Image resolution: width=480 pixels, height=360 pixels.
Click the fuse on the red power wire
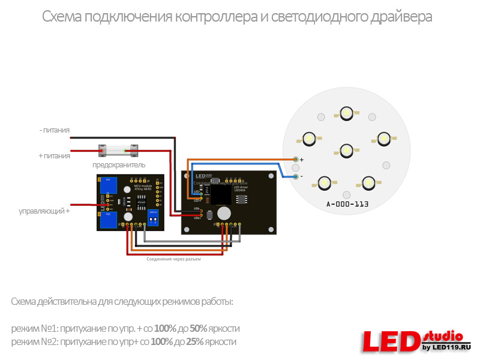pos(118,150)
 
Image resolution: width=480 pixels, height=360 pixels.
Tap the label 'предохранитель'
pos(118,165)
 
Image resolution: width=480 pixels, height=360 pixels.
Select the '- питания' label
pos(55,130)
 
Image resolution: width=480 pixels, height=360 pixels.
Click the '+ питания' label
pos(54,155)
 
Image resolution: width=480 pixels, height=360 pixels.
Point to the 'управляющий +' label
pos(44,211)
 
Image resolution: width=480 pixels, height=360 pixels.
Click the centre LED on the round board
pos(346,149)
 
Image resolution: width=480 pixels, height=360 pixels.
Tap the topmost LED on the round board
pos(346,112)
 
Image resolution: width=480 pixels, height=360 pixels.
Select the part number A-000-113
pos(347,205)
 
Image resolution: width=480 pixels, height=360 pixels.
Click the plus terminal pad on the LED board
pos(296,159)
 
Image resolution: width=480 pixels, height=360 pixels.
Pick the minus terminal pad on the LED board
pos(296,176)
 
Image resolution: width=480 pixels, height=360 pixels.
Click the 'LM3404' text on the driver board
pos(241,190)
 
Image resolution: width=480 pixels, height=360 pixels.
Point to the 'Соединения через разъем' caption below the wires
pos(173,259)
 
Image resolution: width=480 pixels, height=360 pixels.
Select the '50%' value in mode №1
pos(199,329)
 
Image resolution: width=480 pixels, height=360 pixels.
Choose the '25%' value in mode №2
pos(195,342)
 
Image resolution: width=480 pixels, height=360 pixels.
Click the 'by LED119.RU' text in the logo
pos(446,347)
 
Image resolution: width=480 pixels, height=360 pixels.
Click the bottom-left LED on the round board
pos(324,181)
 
